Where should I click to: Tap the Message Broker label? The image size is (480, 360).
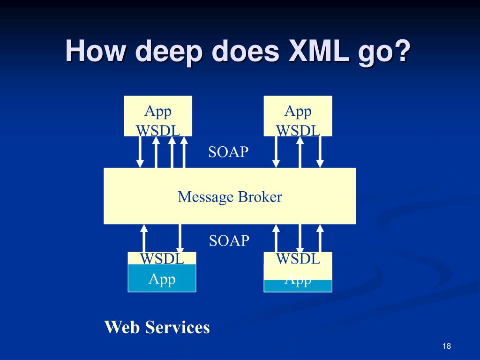pyautogui.click(x=230, y=196)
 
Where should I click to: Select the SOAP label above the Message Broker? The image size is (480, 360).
pyautogui.click(x=228, y=152)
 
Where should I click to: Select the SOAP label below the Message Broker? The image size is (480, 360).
pyautogui.click(x=229, y=240)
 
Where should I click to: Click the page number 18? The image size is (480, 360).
pyautogui.click(x=446, y=346)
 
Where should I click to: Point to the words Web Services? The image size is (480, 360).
pyautogui.click(x=157, y=327)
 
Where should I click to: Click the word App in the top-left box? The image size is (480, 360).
pyautogui.click(x=157, y=111)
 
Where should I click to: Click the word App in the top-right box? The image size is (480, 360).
pyautogui.click(x=298, y=111)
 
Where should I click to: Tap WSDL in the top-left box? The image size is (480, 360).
pyautogui.click(x=158, y=130)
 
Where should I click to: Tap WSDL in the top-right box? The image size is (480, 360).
pyautogui.click(x=298, y=130)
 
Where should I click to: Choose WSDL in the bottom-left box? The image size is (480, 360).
pyautogui.click(x=162, y=258)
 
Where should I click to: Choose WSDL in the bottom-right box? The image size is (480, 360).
pyautogui.click(x=298, y=258)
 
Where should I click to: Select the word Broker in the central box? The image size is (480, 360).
pyautogui.click(x=260, y=196)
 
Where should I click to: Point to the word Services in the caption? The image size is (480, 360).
pyautogui.click(x=178, y=327)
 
